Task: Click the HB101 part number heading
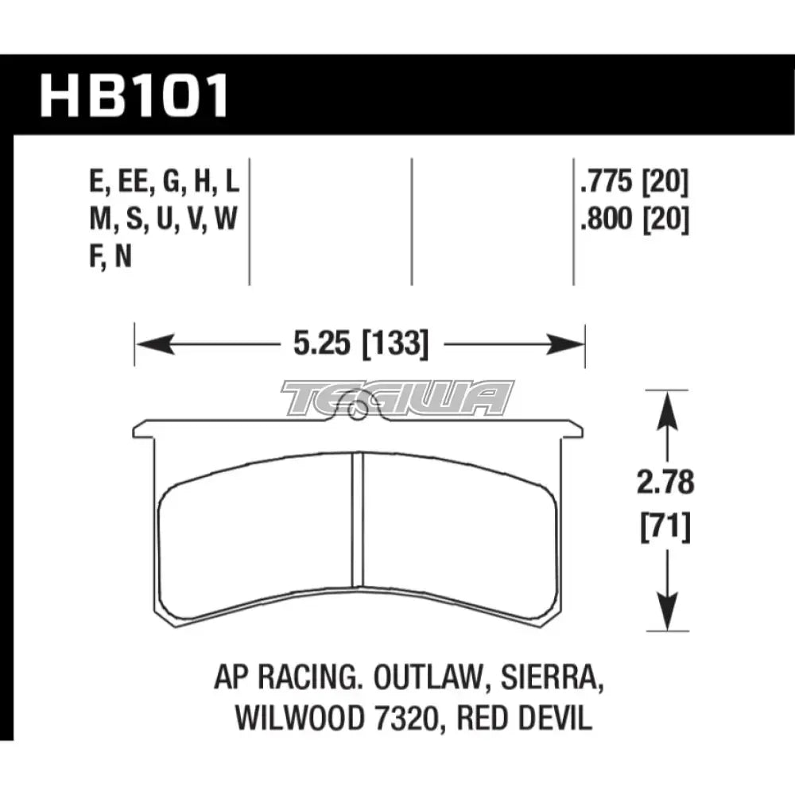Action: pyautogui.click(x=134, y=95)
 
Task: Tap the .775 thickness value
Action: pyautogui.click(x=608, y=184)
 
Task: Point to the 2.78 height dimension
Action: pyautogui.click(x=665, y=483)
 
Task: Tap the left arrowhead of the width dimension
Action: pyautogui.click(x=151, y=346)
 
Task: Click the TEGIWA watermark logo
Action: pyautogui.click(x=397, y=397)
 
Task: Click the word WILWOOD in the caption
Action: pyautogui.click(x=281, y=719)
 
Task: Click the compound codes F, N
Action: pyautogui.click(x=112, y=258)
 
